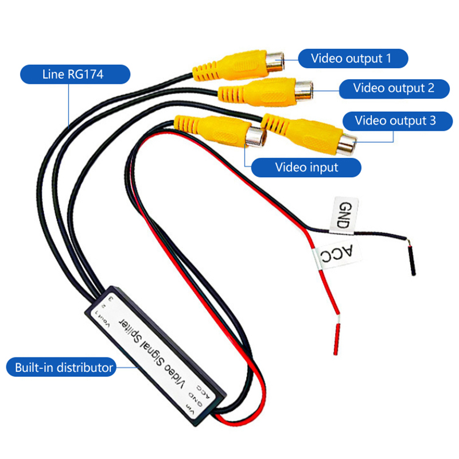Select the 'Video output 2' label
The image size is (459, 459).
pyautogui.click(x=394, y=88)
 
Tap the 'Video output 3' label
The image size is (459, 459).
pyautogui.click(x=395, y=120)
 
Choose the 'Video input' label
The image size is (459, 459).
pyautogui.click(x=306, y=168)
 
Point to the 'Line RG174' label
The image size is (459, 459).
pyautogui.click(x=73, y=74)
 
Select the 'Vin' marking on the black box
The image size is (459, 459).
pyautogui.click(x=189, y=409)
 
